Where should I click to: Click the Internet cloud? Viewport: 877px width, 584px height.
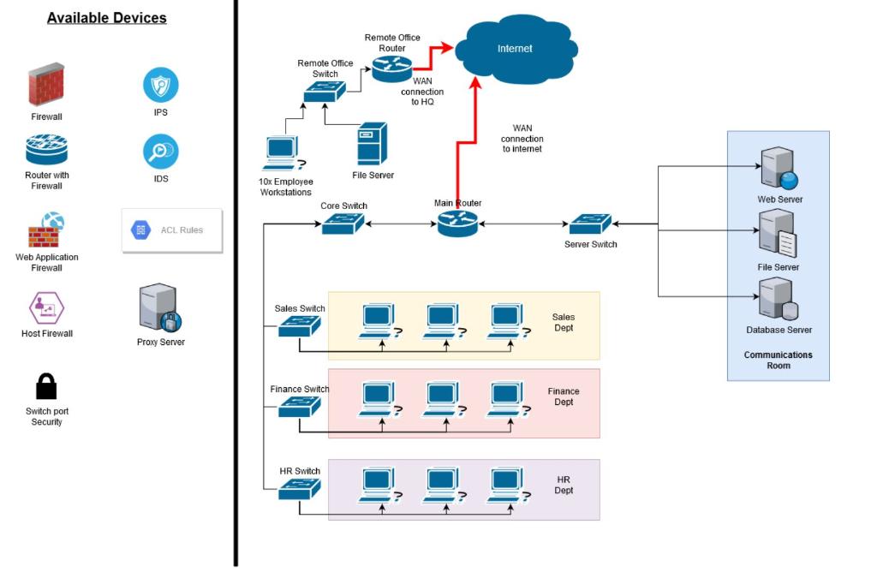tap(514, 49)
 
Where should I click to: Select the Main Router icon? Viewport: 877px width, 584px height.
tap(457, 224)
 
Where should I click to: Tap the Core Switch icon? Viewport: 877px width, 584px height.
tap(343, 224)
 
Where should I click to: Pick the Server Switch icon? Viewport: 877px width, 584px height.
tap(590, 224)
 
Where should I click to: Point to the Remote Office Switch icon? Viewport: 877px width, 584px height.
tap(325, 92)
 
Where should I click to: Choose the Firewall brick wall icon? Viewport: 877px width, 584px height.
tap(46, 85)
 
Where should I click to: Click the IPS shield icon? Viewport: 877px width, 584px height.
tap(161, 85)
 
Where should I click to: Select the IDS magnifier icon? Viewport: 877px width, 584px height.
tap(161, 152)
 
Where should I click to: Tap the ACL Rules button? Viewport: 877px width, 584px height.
tap(172, 230)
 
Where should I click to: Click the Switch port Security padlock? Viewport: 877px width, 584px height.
tap(46, 386)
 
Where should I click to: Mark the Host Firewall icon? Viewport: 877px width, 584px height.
tap(46, 308)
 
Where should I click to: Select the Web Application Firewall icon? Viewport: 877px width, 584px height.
tap(46, 230)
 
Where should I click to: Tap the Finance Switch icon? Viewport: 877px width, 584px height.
tap(300, 407)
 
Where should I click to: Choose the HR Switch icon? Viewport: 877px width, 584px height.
tap(300, 489)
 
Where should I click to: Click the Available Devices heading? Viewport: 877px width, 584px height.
tap(107, 17)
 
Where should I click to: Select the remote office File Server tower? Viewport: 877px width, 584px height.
tap(371, 143)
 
